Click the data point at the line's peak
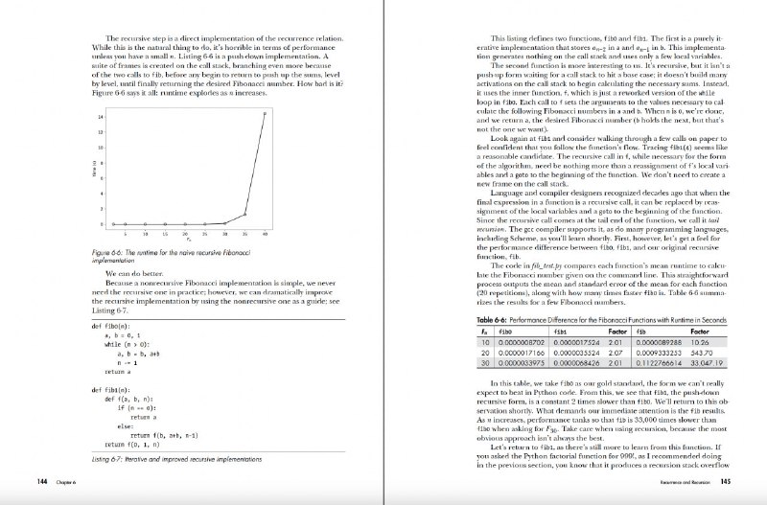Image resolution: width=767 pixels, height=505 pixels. (265, 113)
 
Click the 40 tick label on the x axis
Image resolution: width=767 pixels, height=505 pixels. (266, 233)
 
